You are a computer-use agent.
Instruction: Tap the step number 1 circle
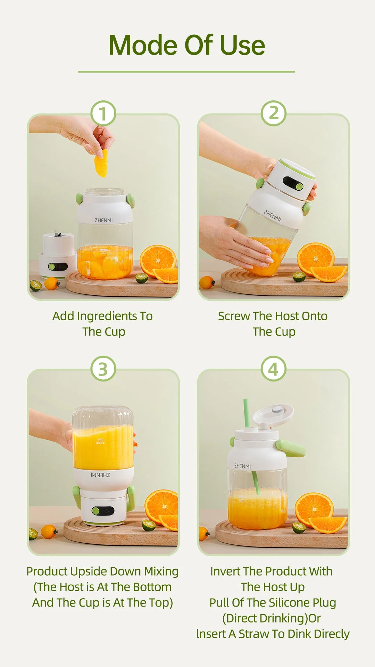click(x=103, y=113)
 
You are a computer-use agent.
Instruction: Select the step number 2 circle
click(x=274, y=113)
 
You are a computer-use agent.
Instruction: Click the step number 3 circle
click(x=103, y=369)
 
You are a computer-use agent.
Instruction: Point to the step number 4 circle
click(x=274, y=369)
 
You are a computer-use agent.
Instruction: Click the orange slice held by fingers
click(x=101, y=163)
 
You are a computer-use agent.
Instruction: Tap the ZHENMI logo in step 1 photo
click(x=103, y=220)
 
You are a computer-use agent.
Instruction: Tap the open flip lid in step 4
click(x=274, y=414)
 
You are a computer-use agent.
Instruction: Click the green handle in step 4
click(x=291, y=448)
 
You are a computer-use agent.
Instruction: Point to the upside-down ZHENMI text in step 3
click(x=100, y=475)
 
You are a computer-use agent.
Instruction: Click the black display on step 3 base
click(x=103, y=511)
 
